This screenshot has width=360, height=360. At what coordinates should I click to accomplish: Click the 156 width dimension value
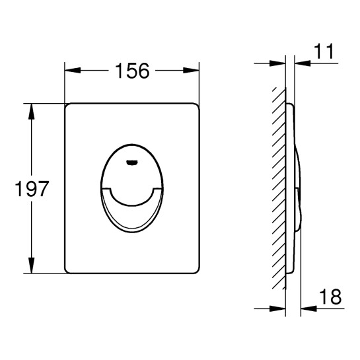point(132,71)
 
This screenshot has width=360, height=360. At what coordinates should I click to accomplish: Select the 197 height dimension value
point(32,188)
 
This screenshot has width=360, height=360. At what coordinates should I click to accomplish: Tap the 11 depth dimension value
point(324,52)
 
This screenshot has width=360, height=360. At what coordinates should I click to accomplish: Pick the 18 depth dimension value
point(330,297)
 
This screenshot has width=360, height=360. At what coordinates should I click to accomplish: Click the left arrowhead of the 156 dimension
point(73,71)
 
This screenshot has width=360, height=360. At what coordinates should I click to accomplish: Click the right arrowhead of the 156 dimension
point(191,71)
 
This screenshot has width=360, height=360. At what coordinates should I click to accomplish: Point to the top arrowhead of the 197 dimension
point(31,112)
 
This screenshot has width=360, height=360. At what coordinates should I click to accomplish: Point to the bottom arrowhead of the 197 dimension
point(31,265)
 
